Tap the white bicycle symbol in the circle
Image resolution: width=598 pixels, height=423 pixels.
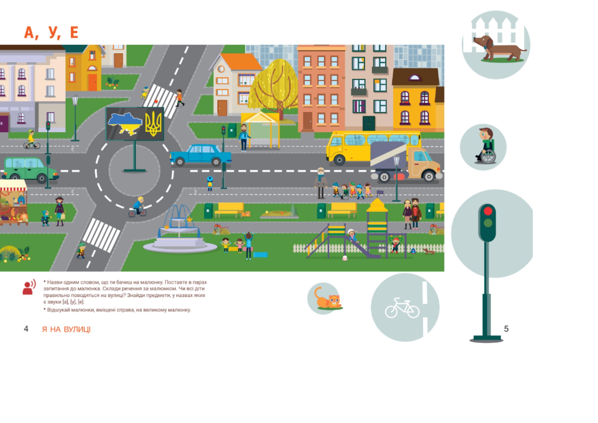402,308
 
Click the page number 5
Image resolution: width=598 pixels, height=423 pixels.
506,329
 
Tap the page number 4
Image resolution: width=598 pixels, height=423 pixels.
26,329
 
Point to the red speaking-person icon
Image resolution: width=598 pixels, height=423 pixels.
29,287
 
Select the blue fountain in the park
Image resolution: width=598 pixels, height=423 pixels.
180,229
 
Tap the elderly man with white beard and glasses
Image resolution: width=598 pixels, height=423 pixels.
321,182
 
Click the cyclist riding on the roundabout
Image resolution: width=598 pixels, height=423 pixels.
138,207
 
